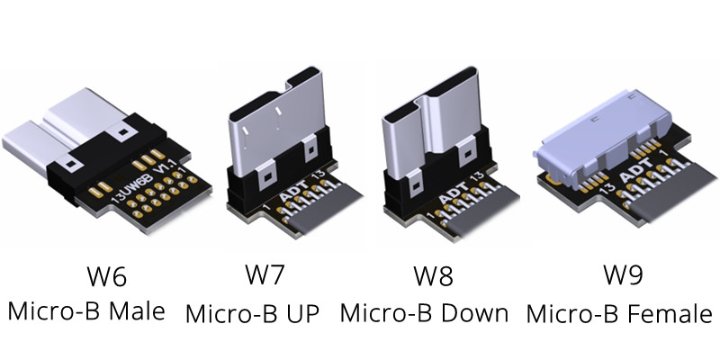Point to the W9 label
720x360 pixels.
(x=618, y=274)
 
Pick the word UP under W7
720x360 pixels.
(x=309, y=314)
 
